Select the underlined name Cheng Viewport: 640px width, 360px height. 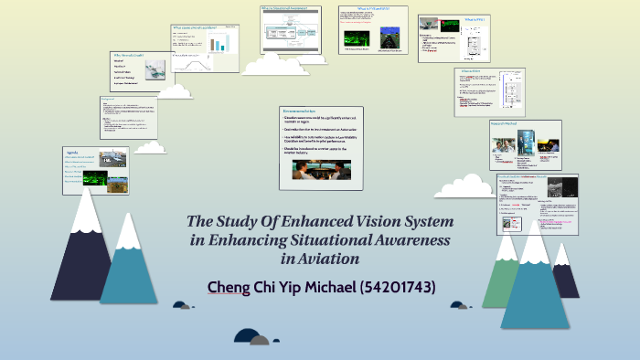(229, 287)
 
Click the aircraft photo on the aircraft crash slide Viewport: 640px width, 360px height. (155, 69)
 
